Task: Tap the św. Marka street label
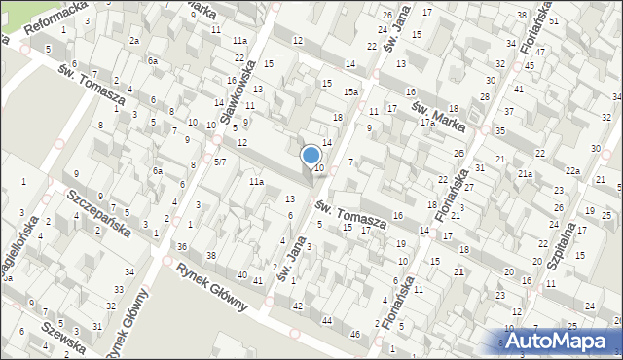click(x=439, y=112)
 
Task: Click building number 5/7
click(x=220, y=162)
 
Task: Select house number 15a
click(x=351, y=92)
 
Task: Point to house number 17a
click(x=426, y=123)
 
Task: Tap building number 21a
click(x=525, y=173)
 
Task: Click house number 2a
click(x=134, y=40)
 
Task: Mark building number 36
click(x=182, y=247)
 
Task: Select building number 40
click(x=241, y=275)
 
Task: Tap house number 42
click(x=297, y=306)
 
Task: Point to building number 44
click(x=327, y=320)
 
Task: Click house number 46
click(x=356, y=335)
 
